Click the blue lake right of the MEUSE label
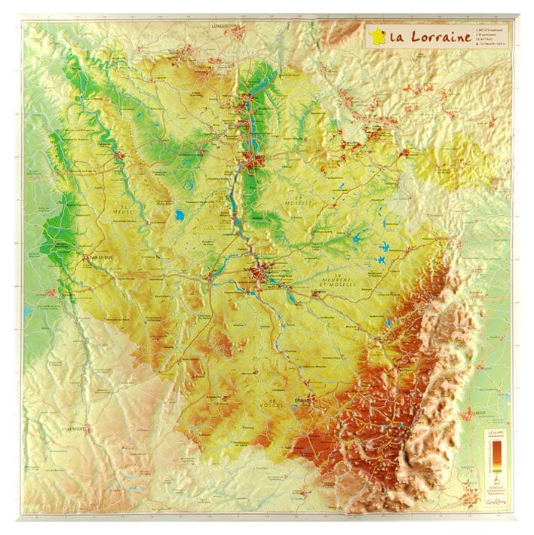[x=179, y=216]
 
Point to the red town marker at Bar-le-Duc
[x=84, y=257]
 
